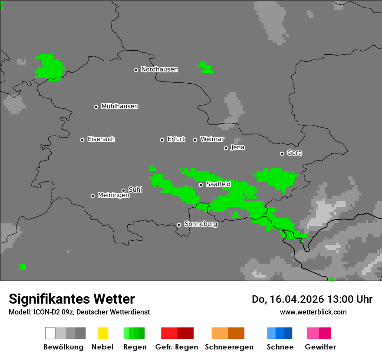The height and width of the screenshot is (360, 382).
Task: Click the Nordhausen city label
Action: [x=159, y=69]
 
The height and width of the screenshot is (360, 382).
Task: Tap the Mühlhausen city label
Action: [x=119, y=106]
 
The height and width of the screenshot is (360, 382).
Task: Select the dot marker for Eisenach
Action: [x=82, y=140]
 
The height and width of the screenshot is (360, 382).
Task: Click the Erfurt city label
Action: [x=176, y=139]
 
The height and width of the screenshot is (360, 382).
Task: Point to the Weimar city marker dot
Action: [x=195, y=140]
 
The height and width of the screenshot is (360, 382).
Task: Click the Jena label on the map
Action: [x=237, y=147]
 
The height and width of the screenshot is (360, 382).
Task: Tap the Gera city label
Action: [x=294, y=153]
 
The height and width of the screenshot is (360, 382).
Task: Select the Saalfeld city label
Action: [x=218, y=184]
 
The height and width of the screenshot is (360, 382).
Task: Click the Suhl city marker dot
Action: [x=123, y=190]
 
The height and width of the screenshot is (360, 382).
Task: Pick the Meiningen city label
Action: [x=113, y=196]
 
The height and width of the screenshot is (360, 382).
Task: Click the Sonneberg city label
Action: [x=201, y=224]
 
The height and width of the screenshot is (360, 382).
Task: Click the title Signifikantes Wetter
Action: [x=72, y=299]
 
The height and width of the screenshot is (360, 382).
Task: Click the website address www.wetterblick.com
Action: [x=313, y=312]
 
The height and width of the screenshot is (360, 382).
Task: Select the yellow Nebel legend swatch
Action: [x=103, y=333]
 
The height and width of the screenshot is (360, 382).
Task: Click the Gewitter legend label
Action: [x=320, y=347]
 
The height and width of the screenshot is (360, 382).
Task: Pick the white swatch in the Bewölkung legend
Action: [x=50, y=333]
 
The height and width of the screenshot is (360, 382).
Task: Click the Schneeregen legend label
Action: [x=229, y=347]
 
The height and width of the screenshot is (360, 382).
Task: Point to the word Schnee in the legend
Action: [x=280, y=347]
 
